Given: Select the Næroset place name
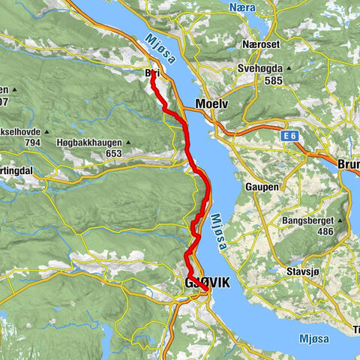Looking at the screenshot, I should (261, 44).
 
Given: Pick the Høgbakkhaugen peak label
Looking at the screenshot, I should (88, 141).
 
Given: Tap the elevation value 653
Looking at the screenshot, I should (113, 154).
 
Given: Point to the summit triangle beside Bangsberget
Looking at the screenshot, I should (343, 220).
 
